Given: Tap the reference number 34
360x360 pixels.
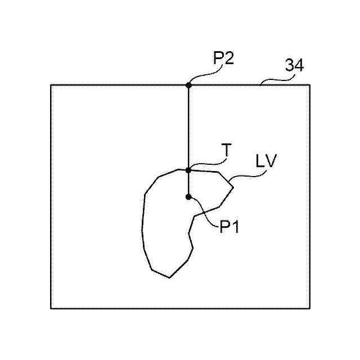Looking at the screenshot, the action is [294, 66].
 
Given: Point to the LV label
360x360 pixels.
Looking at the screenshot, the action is [265, 163].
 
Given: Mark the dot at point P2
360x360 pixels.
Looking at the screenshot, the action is [188, 85].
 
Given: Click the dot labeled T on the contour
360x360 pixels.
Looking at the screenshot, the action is [188, 169].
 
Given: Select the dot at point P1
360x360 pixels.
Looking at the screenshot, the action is [188, 197].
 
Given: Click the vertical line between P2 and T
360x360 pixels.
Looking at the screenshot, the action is [188, 127].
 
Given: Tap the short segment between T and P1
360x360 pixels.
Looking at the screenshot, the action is [188, 183].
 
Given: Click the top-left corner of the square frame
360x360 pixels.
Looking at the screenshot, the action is [51, 85].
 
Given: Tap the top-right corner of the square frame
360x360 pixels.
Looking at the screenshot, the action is [310, 85].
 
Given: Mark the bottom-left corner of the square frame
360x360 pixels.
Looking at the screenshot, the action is [51, 308].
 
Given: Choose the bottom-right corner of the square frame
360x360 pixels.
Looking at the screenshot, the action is [310, 308].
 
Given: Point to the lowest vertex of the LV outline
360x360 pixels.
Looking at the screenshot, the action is [169, 278].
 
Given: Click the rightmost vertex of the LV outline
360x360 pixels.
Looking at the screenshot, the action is [233, 184].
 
